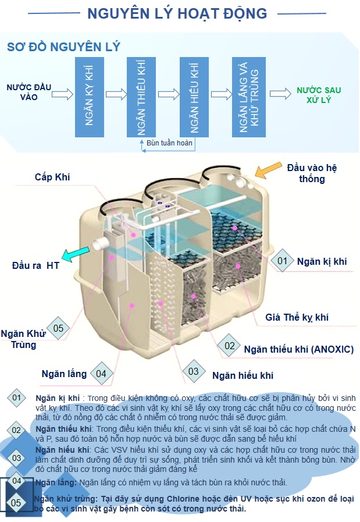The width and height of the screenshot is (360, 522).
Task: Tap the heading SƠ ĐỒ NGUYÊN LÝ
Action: coord(63,47)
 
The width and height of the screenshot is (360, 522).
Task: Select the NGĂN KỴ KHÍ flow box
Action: coord(89,97)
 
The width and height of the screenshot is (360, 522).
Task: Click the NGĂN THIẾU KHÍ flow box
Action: coord(141,97)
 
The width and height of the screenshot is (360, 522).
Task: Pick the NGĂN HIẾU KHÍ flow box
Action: coord(195,97)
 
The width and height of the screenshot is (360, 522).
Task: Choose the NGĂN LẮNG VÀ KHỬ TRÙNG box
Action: coord(248,97)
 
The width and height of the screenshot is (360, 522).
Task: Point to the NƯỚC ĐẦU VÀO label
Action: coord(29,93)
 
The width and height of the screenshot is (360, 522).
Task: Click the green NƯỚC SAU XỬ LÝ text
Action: coord(319,95)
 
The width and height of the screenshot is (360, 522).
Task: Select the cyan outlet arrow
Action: coord(75,254)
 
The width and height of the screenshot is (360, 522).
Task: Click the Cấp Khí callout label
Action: coord(52,177)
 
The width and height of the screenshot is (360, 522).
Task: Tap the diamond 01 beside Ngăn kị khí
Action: coord(282,261)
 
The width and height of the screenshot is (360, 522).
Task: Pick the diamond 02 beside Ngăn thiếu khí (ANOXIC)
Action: coord(230,346)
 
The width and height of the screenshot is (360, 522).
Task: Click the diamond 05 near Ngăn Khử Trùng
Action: coord(58,328)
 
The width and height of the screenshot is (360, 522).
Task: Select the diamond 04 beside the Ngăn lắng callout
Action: coord(101,373)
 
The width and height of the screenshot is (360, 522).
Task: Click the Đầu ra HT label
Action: coord(35,266)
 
